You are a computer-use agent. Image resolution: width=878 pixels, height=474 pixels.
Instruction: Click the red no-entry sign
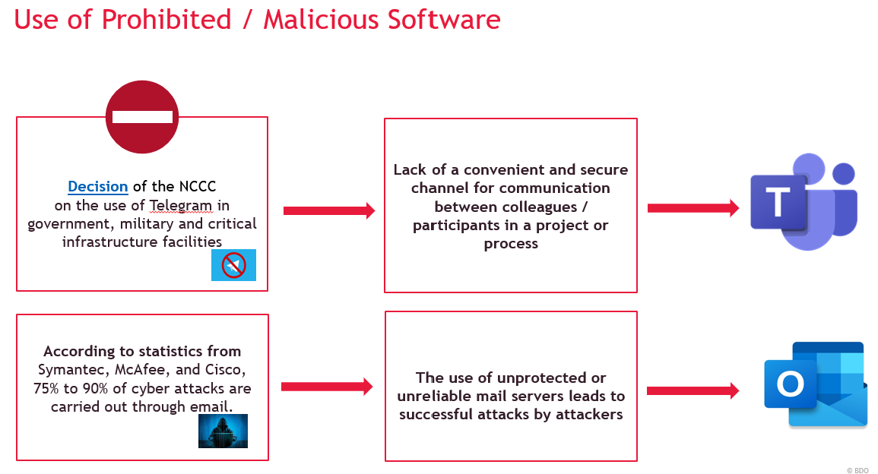142,117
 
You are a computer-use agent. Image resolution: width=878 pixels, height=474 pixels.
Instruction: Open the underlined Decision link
98,186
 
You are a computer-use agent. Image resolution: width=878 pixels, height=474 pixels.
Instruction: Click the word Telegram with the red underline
181,206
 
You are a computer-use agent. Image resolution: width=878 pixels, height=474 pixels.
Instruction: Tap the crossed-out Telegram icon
233,265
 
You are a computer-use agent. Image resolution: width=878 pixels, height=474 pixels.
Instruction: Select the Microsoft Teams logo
804,201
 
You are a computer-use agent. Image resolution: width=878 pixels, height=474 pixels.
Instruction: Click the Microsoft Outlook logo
816,385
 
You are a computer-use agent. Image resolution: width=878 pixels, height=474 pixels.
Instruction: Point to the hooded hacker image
223,431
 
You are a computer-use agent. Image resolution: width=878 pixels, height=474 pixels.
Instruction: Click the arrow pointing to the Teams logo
693,208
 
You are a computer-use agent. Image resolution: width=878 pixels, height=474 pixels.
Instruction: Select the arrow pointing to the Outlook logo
693,390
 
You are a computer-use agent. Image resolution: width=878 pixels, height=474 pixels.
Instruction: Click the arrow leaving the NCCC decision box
329,210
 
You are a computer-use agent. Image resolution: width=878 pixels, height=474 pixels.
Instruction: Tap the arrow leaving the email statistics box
327,386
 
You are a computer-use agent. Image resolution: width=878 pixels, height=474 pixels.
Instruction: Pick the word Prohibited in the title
166,20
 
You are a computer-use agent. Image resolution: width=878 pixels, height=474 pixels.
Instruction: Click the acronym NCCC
197,186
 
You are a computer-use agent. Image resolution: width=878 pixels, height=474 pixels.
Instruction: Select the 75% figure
46,388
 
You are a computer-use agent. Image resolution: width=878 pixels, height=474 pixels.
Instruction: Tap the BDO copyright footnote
857,471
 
